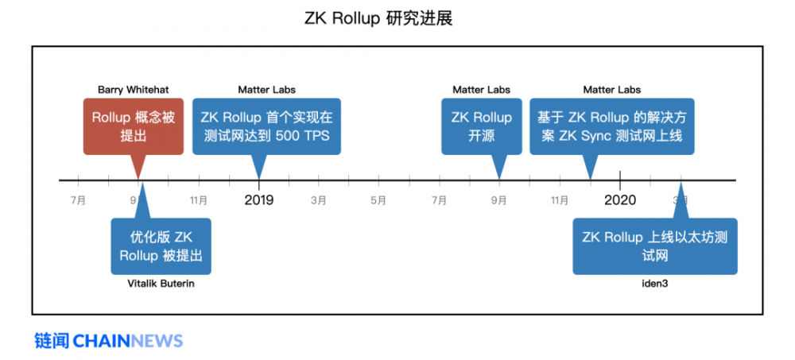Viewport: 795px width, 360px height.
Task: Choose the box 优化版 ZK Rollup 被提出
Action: click(x=161, y=246)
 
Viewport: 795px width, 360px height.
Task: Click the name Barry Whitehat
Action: click(x=133, y=90)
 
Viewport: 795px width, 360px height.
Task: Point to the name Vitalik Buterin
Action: click(x=161, y=283)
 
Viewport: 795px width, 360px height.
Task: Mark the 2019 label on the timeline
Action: click(x=258, y=199)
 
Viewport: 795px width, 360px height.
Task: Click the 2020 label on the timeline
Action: click(x=619, y=199)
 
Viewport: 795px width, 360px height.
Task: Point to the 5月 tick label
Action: click(x=378, y=200)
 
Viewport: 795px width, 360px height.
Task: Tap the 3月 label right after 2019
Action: click(x=319, y=200)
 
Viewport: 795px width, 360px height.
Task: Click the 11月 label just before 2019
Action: click(x=199, y=200)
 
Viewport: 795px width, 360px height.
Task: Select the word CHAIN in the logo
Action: click(x=101, y=341)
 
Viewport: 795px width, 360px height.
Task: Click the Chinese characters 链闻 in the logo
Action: click(x=50, y=341)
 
